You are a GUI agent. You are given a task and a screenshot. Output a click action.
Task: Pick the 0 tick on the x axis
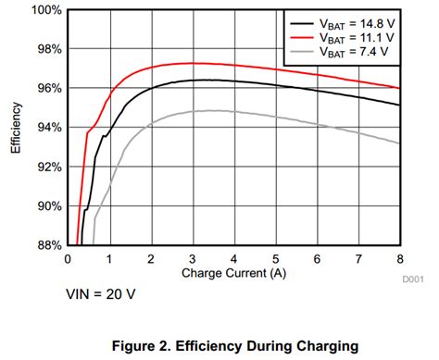point(68,258)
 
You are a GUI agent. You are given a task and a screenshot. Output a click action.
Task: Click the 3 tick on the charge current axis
point(193,258)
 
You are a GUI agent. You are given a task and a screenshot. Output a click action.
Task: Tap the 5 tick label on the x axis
point(275,258)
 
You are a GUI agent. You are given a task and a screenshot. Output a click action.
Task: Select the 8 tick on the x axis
point(399,258)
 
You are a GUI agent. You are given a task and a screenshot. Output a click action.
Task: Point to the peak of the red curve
point(193,63)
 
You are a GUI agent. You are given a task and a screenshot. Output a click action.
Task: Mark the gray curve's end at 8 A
point(399,143)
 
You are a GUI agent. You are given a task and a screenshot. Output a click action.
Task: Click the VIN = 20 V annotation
point(103,294)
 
